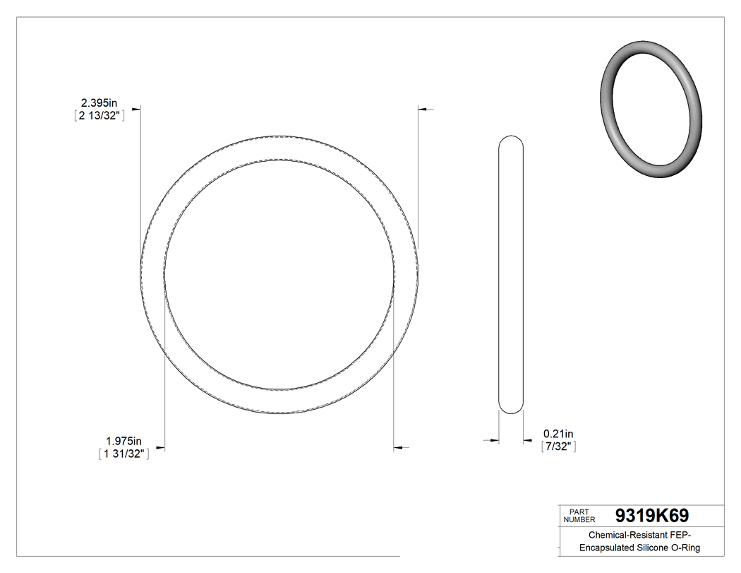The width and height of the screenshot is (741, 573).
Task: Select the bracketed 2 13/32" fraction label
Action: [x=100, y=117]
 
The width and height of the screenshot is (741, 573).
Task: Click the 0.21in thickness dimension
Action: [x=558, y=433]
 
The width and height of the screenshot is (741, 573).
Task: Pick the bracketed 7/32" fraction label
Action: [x=559, y=447]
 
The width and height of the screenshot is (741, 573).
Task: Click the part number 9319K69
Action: [x=651, y=515]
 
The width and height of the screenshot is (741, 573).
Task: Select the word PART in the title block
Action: [x=578, y=512]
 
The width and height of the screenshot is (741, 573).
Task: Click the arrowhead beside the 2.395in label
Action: [x=136, y=108]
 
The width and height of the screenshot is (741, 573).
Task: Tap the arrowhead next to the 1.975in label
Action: [x=160, y=447]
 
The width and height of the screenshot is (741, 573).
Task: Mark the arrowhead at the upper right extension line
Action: [x=423, y=109]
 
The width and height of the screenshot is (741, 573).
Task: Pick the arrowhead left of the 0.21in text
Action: [x=494, y=442]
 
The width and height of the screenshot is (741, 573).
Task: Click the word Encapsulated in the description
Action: [x=608, y=548]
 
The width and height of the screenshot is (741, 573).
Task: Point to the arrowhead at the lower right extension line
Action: [x=397, y=447]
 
